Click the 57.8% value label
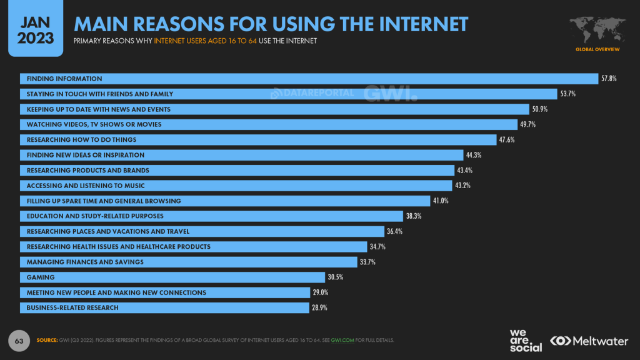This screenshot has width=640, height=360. tap(609, 79)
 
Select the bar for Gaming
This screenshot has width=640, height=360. tap(172, 277)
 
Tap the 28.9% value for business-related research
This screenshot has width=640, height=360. tap(320, 307)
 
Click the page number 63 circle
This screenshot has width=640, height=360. tap(19, 341)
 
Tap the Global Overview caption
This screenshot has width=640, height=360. tap(597, 49)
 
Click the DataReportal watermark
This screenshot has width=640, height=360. tap(312, 94)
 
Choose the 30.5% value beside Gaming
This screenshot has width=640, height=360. tap(336, 277)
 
